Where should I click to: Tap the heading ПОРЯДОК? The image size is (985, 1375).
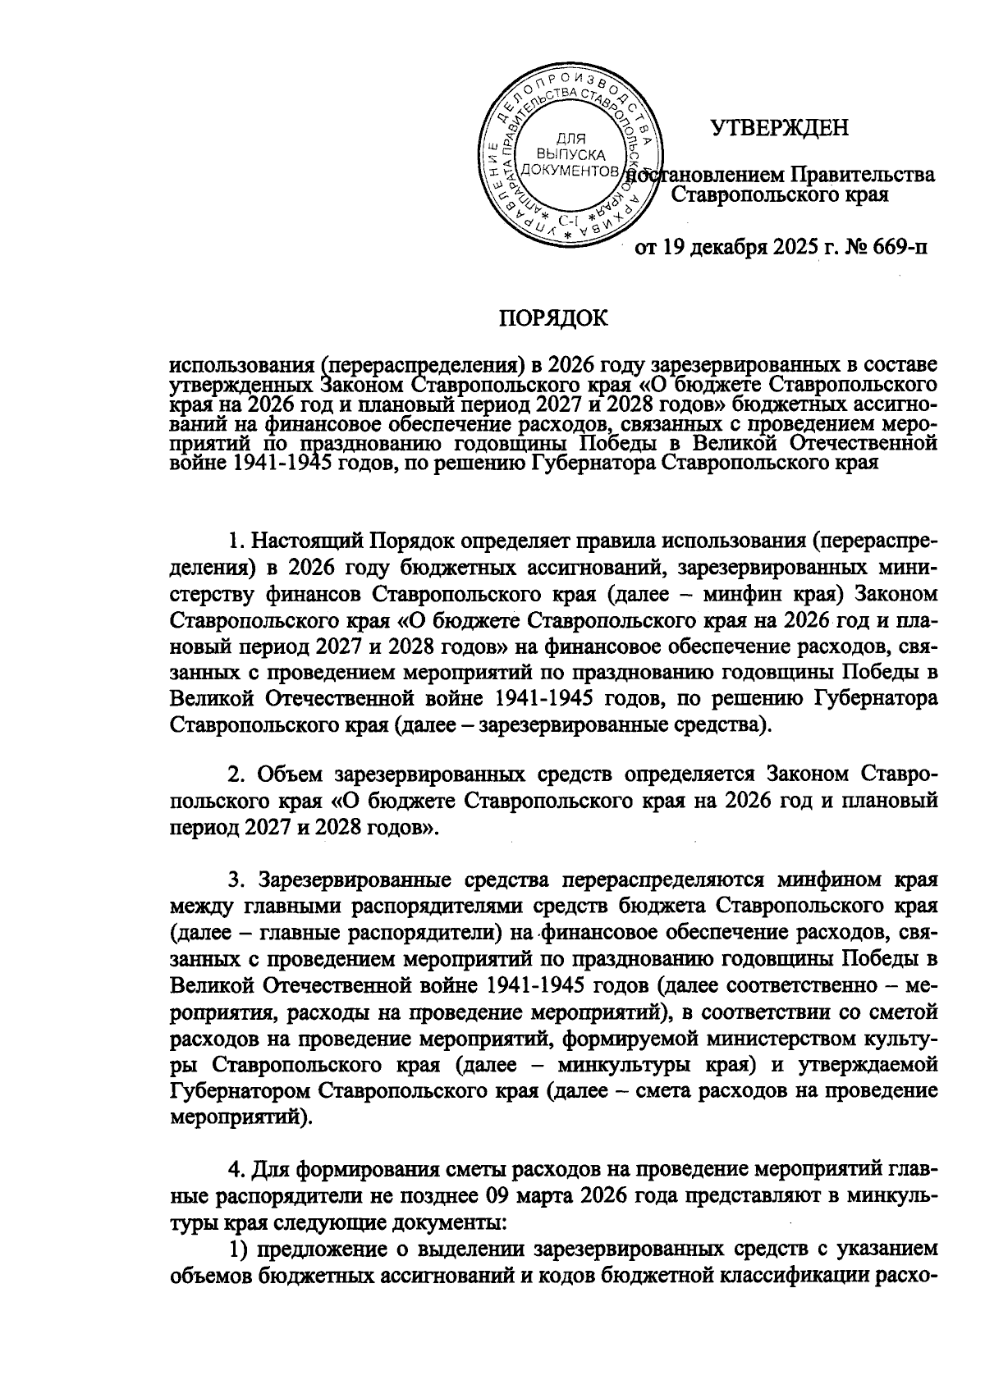click(554, 317)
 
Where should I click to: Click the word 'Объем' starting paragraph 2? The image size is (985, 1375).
click(287, 774)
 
